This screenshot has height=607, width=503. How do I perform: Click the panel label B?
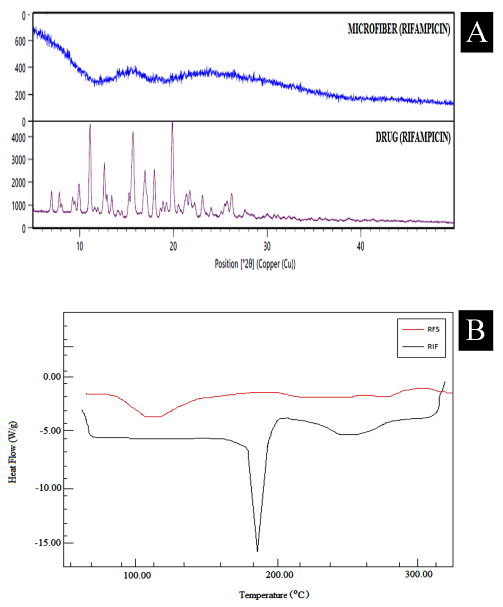click(476, 330)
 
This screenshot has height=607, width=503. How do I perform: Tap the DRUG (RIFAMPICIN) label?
click(413, 138)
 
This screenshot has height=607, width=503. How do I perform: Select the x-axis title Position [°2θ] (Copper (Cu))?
click(255, 264)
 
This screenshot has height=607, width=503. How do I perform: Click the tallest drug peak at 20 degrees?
click(173, 122)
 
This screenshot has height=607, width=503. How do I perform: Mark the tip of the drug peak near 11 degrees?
click(90, 125)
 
